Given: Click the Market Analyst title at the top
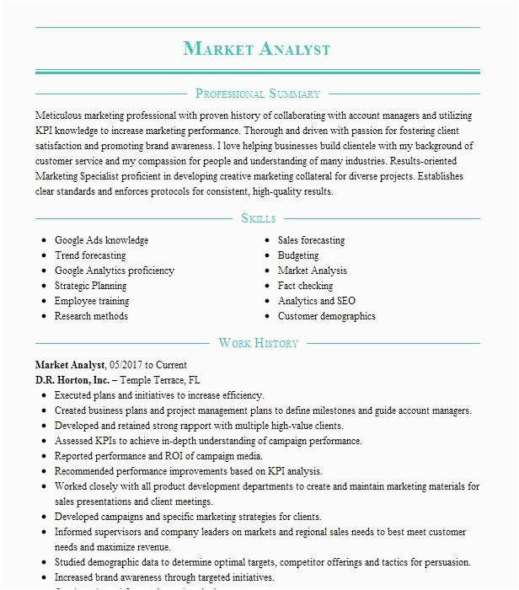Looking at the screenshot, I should click(257, 49).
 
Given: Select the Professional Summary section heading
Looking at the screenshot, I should click(257, 94).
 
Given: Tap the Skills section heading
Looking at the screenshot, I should click(258, 218).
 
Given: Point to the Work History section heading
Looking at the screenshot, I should click(258, 343).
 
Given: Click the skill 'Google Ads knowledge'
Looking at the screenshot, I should click(101, 240).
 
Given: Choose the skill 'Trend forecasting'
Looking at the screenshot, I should click(90, 255).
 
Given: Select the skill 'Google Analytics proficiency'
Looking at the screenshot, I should click(115, 271).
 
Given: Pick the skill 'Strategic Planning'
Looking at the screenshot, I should click(91, 286).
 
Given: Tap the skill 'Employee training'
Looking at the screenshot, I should click(92, 301).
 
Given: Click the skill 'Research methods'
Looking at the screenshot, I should click(91, 316).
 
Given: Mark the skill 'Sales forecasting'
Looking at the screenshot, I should click(311, 240).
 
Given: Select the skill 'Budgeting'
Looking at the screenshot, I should click(298, 255).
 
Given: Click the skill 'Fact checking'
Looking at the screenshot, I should click(305, 286).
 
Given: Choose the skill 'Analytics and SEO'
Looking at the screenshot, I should click(317, 301).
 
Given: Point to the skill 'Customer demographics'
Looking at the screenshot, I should click(327, 316).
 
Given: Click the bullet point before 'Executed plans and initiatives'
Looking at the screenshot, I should click(44, 394).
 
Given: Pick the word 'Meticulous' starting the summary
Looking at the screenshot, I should click(59, 114).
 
